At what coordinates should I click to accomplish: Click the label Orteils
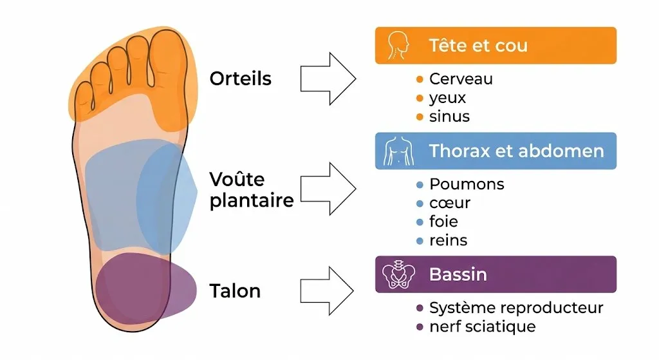coord(240,79)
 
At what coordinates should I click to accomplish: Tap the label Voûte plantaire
coord(252,189)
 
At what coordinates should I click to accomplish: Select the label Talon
coord(235,291)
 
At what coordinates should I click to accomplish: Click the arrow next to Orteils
coord(328,79)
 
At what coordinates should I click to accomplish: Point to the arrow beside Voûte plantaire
coord(328,189)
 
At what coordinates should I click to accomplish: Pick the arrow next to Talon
coord(328,291)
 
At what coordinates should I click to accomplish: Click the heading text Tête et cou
coord(478,46)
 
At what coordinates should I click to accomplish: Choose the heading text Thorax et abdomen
coord(516,152)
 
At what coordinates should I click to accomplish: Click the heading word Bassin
coord(458,275)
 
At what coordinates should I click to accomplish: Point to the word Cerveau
coord(461,79)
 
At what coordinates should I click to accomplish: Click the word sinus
coord(449,117)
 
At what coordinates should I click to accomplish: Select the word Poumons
coord(467,184)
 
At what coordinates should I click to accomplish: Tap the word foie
coord(443,222)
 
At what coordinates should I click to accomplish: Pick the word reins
coord(448,240)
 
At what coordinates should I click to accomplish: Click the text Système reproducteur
coord(516,308)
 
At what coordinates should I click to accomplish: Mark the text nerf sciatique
coord(482,327)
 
